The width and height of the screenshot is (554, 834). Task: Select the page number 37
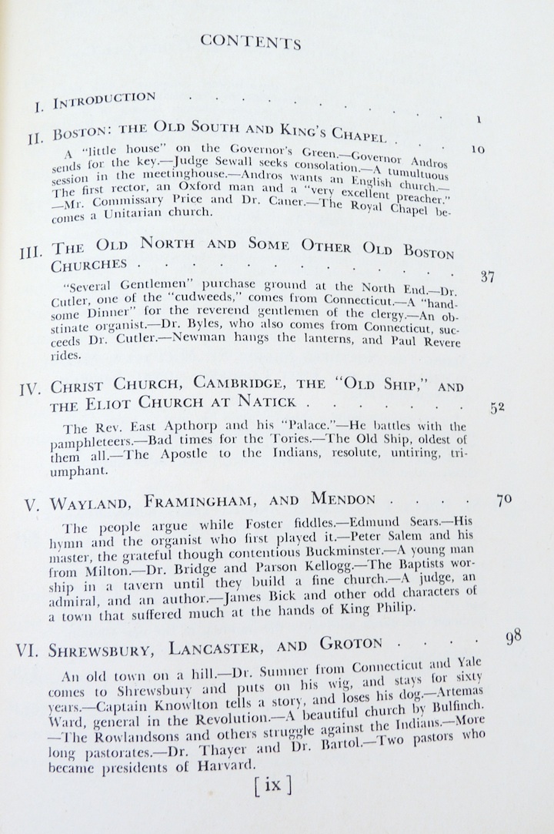click(x=486, y=277)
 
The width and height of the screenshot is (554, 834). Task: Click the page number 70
click(x=504, y=499)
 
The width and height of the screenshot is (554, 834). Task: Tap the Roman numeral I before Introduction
click(x=37, y=102)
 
